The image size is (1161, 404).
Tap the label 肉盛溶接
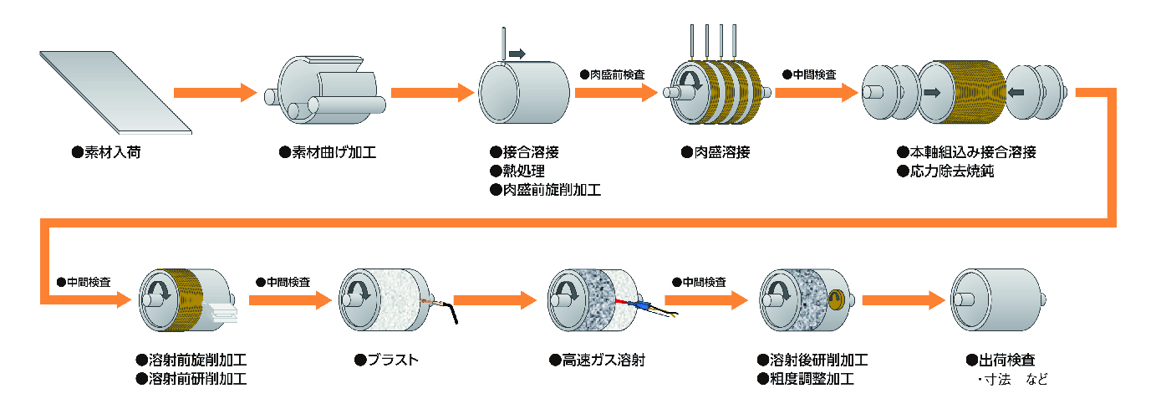click(715, 153)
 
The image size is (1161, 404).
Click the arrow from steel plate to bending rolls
click(213, 92)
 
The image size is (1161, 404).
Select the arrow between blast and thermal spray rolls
click(493, 299)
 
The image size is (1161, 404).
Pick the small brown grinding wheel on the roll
click(835, 299)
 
